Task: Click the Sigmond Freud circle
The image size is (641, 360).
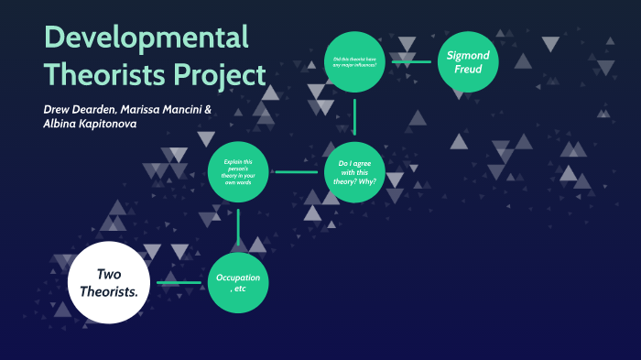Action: (468, 63)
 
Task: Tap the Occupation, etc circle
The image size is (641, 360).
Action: (238, 283)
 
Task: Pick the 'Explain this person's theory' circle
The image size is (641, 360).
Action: (238, 171)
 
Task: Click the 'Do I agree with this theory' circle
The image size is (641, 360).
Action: (354, 171)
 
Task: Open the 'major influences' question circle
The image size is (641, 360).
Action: (354, 63)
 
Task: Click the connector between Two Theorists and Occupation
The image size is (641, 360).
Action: (179, 283)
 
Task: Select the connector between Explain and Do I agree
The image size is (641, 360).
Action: (296, 171)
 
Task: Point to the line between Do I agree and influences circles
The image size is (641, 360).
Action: (354, 116)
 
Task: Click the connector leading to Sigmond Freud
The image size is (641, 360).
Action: (411, 62)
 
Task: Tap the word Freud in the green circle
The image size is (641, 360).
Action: (468, 71)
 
